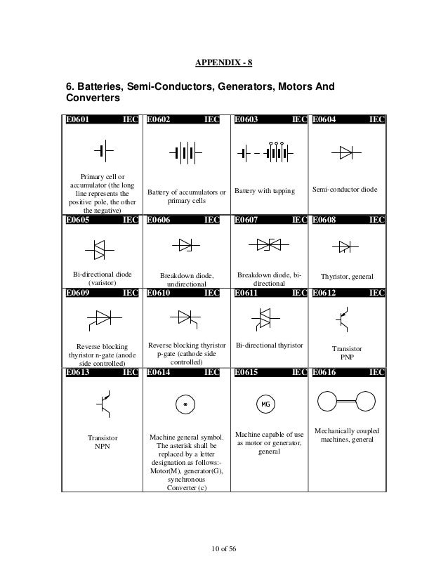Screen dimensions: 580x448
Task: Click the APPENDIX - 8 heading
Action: (224, 63)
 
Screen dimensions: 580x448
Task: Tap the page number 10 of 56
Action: (224, 548)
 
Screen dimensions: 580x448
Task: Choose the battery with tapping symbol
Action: (265, 152)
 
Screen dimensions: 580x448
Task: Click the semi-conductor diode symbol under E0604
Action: (346, 152)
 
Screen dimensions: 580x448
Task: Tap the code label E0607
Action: (246, 220)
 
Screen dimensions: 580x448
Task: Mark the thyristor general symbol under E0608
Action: (345, 246)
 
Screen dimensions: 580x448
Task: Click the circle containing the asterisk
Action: (185, 404)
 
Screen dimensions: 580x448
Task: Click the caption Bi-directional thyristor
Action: (269, 346)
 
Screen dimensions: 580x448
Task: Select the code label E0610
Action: (159, 293)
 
